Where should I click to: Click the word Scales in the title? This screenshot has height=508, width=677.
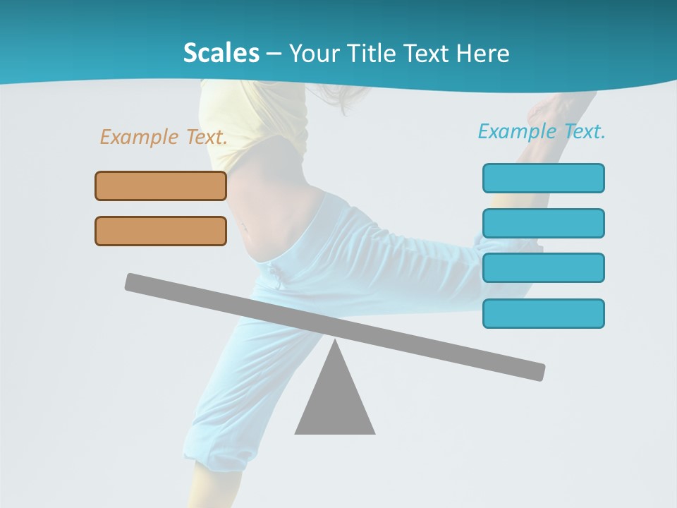point(221,53)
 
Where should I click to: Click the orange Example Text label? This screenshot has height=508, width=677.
point(164,137)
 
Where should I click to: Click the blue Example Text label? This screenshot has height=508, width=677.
point(542,131)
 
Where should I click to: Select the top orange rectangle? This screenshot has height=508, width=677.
point(161,186)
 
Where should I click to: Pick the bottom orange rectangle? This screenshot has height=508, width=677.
point(161,231)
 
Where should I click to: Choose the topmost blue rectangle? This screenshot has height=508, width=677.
point(543,178)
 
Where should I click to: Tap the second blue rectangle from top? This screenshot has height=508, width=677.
point(543,223)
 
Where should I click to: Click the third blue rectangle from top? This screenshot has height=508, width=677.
point(543,268)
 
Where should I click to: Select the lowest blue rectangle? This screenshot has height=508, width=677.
point(543,313)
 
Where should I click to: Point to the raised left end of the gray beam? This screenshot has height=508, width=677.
point(134,281)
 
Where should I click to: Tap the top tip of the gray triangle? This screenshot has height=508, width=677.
point(335,343)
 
